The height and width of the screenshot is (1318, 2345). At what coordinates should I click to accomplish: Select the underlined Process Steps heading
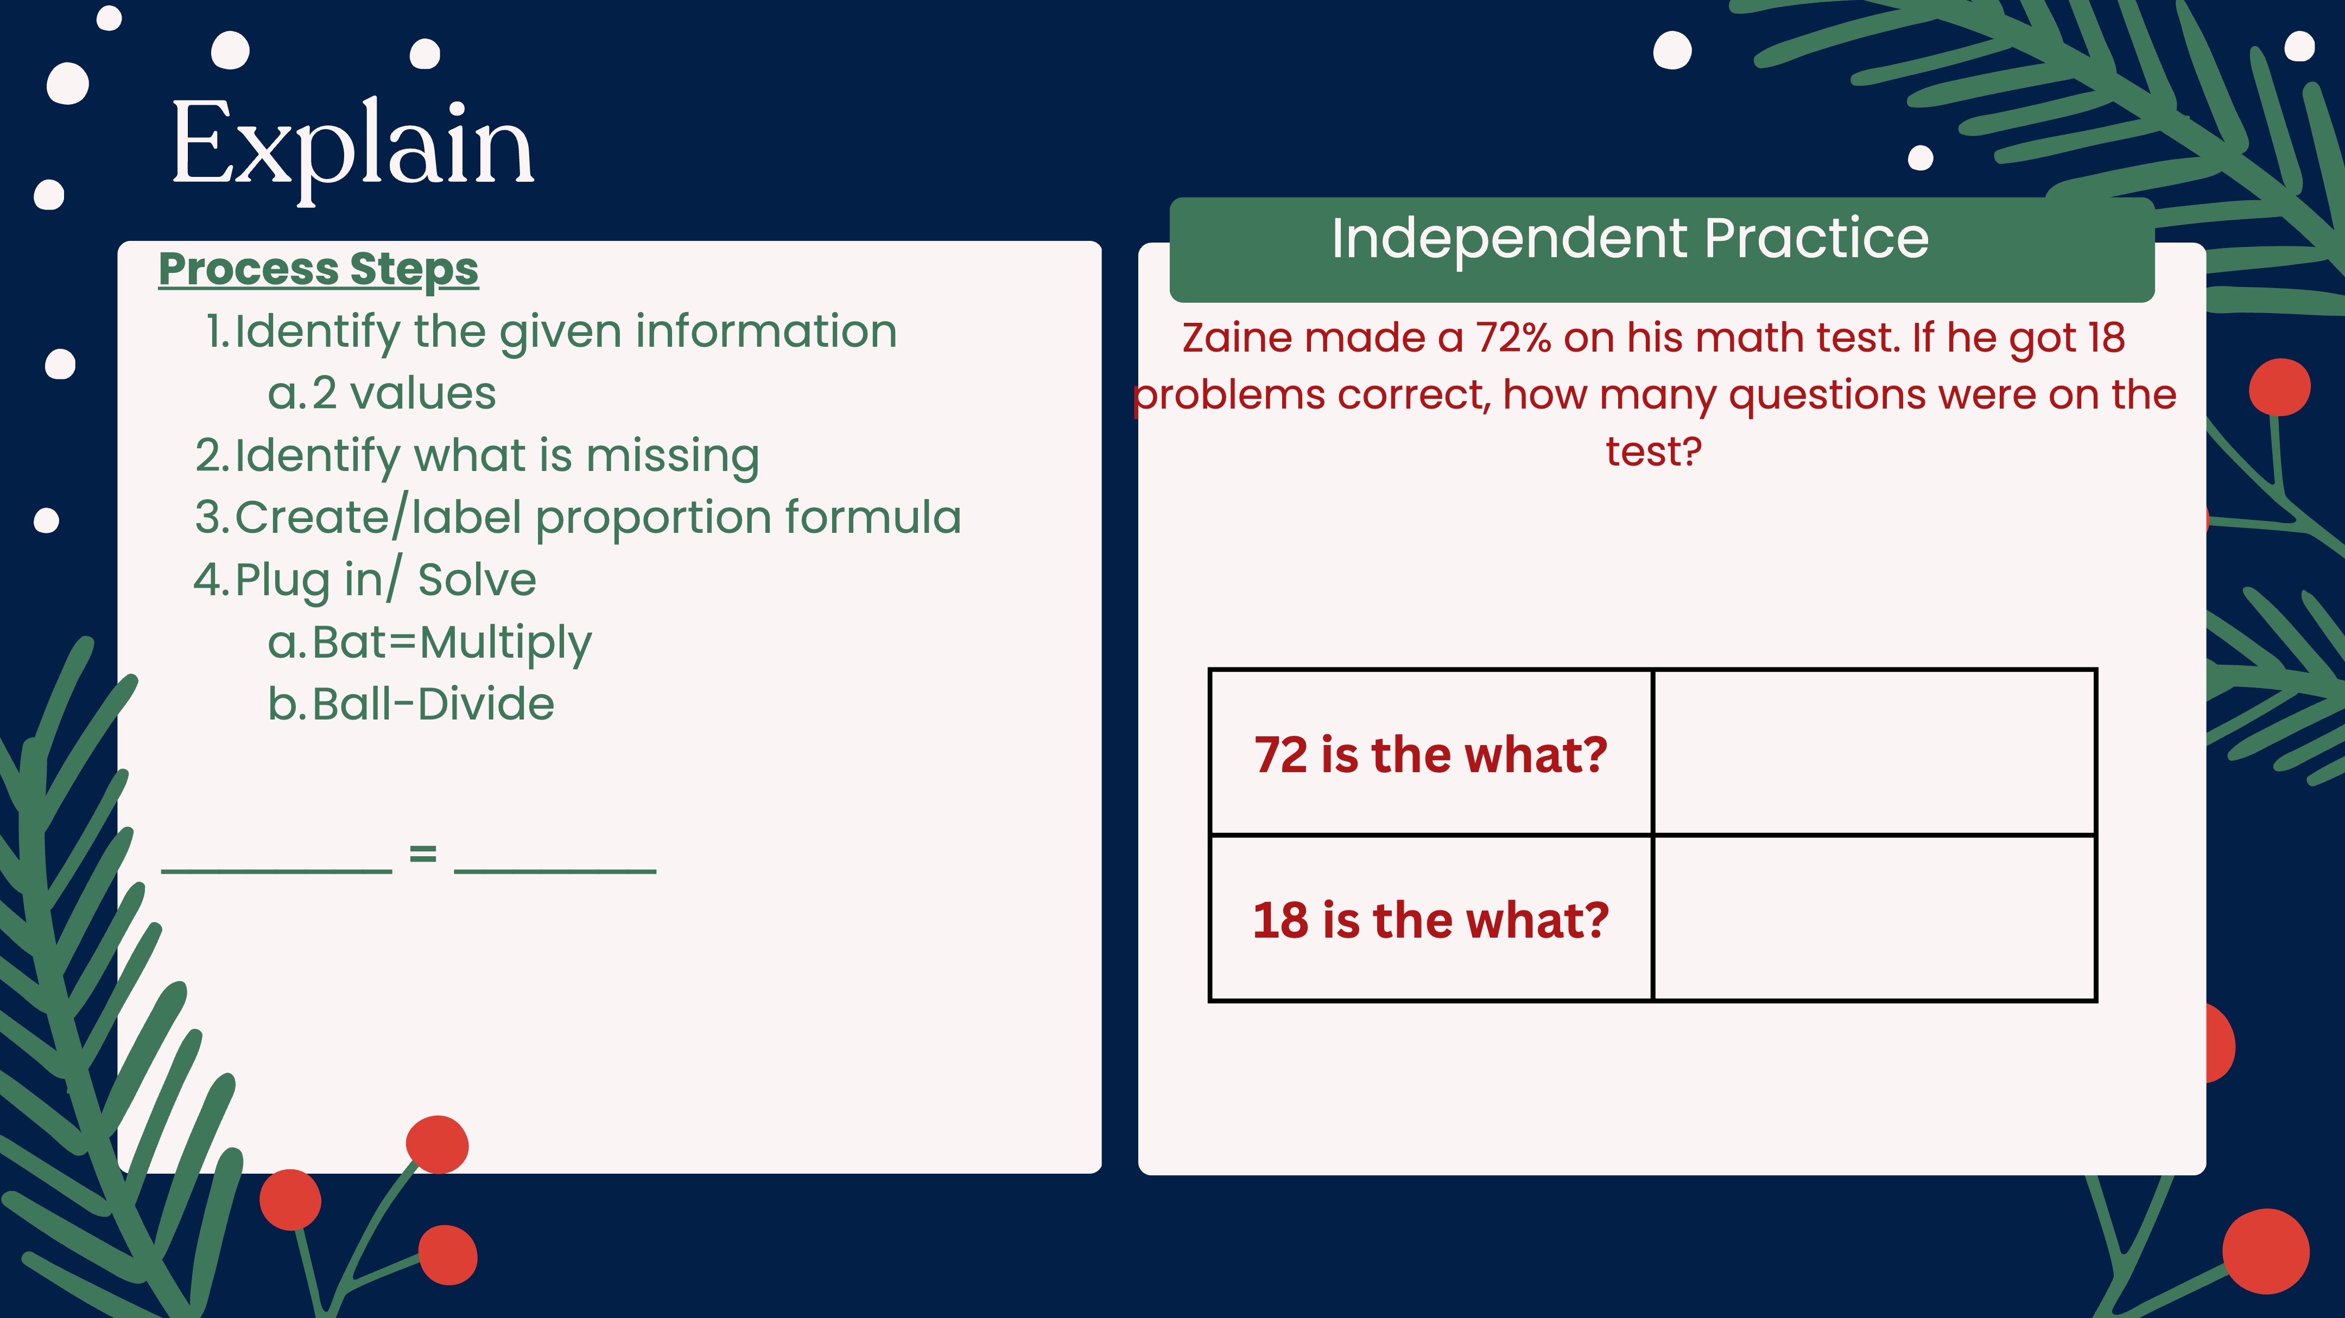319,270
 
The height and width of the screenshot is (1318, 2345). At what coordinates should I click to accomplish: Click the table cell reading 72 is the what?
1431,753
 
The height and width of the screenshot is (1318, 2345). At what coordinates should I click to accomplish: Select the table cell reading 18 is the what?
1431,919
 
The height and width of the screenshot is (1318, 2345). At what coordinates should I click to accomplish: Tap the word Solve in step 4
477,581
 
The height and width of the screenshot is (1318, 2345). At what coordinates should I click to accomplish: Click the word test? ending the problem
1653,451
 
